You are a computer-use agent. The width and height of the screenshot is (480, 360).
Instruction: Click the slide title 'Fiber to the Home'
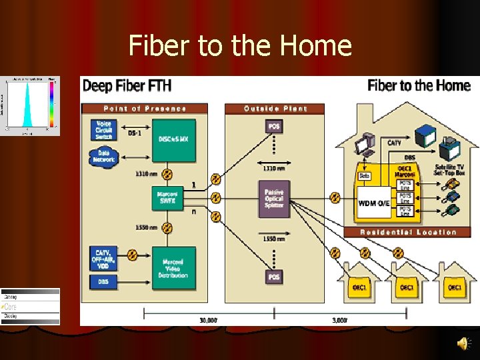tap(240, 46)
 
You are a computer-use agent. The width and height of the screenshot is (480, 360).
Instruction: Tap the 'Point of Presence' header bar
tap(145, 108)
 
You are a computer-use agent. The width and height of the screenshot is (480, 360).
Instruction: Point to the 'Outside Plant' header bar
tap(275, 108)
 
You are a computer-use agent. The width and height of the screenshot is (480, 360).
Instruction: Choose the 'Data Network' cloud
tap(104, 156)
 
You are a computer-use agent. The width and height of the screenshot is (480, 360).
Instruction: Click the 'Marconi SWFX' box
tap(168, 198)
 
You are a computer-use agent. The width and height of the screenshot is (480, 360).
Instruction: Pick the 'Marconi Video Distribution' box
tap(173, 266)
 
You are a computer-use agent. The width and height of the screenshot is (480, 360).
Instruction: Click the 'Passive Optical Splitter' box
tap(274, 198)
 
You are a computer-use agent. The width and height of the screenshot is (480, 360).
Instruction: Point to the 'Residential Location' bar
tap(408, 232)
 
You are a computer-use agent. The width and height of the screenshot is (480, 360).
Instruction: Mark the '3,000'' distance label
tap(339, 320)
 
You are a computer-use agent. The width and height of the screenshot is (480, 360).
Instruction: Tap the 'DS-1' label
tap(135, 133)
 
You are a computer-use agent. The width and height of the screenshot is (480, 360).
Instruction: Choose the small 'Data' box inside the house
tap(365, 176)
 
